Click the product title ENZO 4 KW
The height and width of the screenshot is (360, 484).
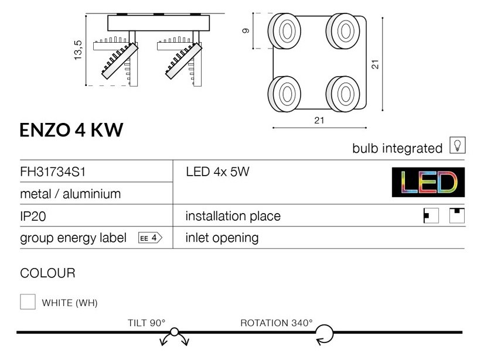[x=71, y=131]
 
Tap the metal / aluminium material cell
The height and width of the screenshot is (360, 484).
[x=70, y=194]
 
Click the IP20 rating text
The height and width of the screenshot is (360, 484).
[x=33, y=216]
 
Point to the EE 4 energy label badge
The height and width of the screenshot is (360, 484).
[x=149, y=238]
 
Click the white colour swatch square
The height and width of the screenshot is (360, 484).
[x=28, y=302]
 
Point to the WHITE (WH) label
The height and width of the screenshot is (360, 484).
[x=70, y=303]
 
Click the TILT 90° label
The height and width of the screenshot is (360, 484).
[x=146, y=323]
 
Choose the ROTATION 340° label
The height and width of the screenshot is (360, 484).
[x=277, y=323]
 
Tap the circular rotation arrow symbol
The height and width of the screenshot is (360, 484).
[x=324, y=335]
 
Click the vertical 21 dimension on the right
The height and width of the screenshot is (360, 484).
[x=376, y=64]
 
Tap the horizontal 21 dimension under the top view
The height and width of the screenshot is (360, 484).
[x=319, y=121]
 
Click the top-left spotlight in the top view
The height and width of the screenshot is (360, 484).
[x=286, y=29]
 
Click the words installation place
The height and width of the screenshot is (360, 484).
[x=233, y=216]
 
